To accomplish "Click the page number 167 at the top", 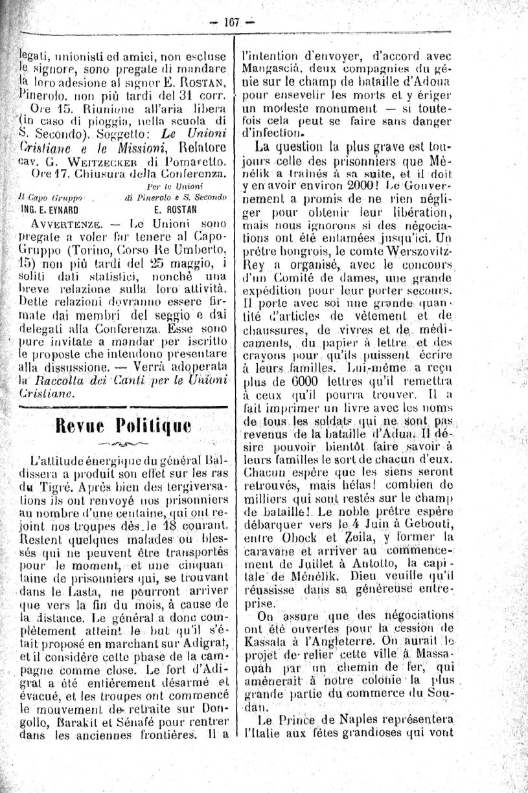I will coord(232,21).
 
